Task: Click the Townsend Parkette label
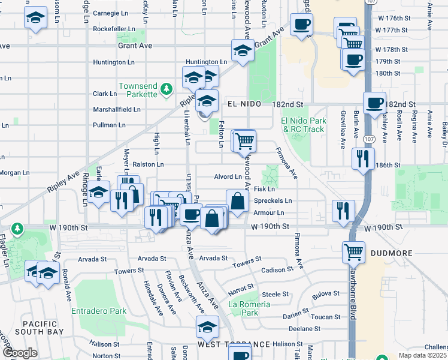point(138,90)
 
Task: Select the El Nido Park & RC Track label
point(303,125)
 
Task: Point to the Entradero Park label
point(99,311)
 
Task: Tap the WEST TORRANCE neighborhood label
point(234,344)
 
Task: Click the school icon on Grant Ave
point(243,50)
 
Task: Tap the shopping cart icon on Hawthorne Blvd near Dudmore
point(353,251)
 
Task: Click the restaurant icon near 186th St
point(363,158)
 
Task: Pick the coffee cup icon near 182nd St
point(374,103)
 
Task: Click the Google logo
point(20,353)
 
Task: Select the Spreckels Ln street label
point(273,201)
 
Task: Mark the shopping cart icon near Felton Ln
point(244,140)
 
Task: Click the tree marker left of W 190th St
point(17,229)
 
